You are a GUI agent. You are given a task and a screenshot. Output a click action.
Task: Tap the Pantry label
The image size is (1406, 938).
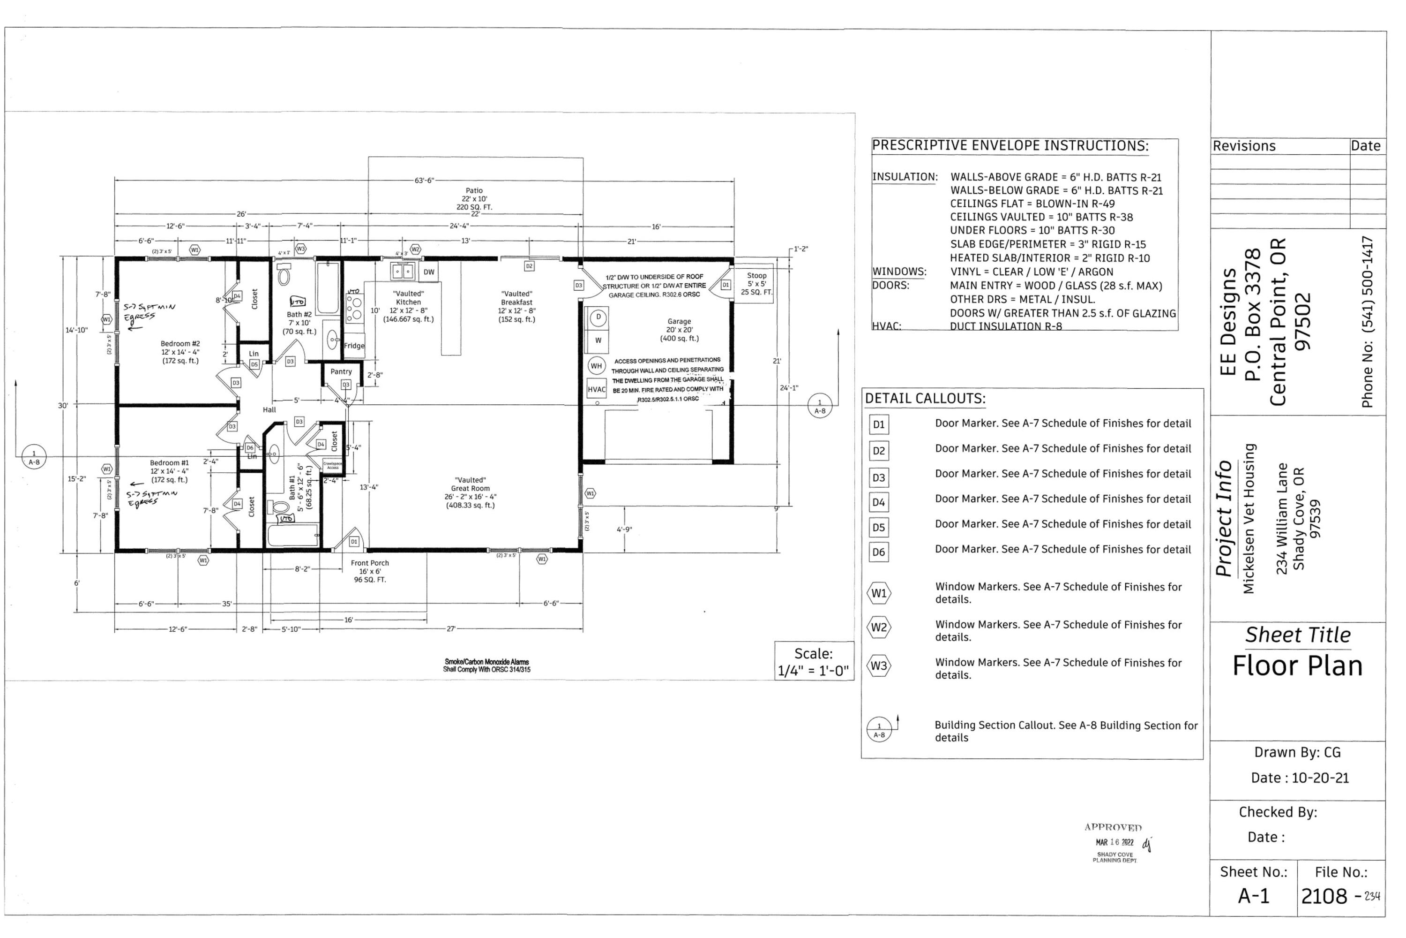(x=341, y=371)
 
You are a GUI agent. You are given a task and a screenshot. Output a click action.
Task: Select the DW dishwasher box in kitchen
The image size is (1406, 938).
(x=429, y=272)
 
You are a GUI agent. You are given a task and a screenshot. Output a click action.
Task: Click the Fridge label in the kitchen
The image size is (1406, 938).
(x=354, y=345)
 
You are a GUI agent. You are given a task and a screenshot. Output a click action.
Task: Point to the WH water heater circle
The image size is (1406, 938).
(x=596, y=365)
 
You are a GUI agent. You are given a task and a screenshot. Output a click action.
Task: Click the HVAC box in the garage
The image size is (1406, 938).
(x=596, y=389)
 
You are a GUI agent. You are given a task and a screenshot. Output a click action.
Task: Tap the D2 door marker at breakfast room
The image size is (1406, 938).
(x=529, y=265)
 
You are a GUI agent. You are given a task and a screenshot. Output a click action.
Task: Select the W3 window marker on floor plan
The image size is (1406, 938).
(x=301, y=248)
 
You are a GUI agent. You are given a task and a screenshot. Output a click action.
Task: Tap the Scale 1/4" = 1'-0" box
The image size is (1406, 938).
(x=813, y=662)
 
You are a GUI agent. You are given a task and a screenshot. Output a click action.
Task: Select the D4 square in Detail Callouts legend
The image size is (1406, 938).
(x=878, y=502)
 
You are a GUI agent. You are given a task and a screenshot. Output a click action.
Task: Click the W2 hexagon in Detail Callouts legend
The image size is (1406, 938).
(x=879, y=628)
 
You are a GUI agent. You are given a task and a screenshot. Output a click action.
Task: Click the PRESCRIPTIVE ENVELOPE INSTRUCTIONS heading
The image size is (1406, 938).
(x=1010, y=146)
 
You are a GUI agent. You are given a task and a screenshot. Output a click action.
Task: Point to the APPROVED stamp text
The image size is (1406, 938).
(x=1113, y=827)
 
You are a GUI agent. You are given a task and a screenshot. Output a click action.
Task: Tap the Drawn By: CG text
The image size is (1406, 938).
(x=1297, y=752)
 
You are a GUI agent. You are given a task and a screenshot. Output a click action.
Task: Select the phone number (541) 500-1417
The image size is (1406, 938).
(x=1367, y=322)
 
